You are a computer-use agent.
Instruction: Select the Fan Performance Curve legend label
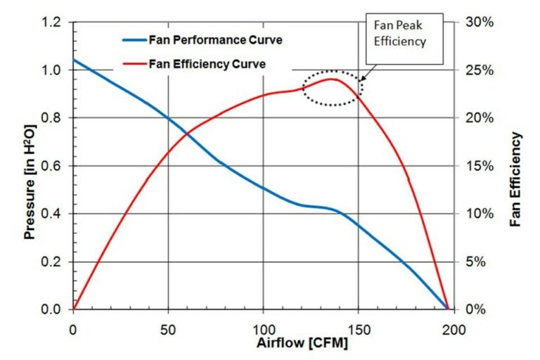click(216, 40)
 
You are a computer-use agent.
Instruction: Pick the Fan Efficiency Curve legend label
click(207, 64)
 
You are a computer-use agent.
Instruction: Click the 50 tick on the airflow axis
click(168, 328)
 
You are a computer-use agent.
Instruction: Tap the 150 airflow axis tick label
click(359, 328)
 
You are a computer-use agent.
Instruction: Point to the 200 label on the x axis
click(454, 328)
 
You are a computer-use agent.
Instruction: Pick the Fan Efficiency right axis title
click(515, 179)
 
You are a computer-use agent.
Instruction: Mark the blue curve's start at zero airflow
click(74, 60)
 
